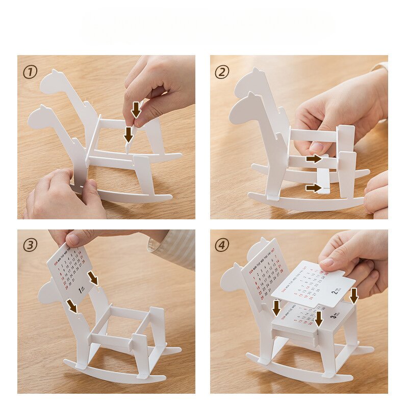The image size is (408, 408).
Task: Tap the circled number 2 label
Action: [x=222, y=72]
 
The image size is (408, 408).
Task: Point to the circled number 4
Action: [x=222, y=245]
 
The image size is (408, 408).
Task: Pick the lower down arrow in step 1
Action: [x=129, y=135]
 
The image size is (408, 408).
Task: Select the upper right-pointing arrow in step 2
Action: [x=314, y=159]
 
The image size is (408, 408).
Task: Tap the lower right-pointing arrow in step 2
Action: [x=314, y=188]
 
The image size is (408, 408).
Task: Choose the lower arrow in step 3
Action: [x=72, y=305]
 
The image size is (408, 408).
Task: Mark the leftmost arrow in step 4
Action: [x=276, y=308]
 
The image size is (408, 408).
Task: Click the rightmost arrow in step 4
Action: [x=353, y=295]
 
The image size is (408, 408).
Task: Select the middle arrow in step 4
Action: [x=319, y=319]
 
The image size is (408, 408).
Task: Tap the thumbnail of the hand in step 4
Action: [x=327, y=262]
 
